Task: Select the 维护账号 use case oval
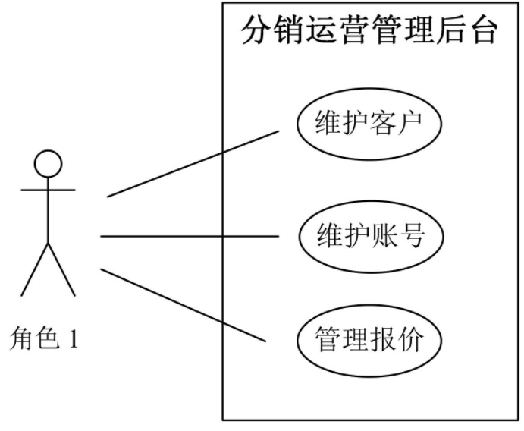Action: coord(369,237)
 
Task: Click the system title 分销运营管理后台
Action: coord(369,32)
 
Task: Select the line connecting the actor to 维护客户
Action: coord(193,163)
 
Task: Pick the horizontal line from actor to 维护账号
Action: coord(190,237)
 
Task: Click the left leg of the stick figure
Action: coord(35,269)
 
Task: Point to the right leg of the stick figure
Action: coord(61,269)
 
